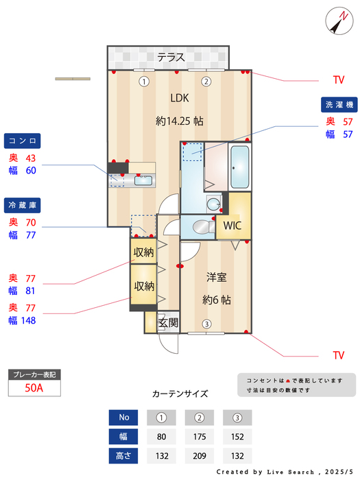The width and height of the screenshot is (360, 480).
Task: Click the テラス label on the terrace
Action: [x=171, y=57]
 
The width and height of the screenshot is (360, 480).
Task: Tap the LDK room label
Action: [x=179, y=97]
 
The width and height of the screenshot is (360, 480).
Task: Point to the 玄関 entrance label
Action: [x=168, y=322]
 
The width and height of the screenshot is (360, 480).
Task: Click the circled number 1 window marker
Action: [x=143, y=82]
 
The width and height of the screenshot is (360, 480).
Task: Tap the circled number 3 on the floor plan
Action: [x=206, y=324]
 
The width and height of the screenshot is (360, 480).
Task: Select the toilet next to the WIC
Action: [x=200, y=226]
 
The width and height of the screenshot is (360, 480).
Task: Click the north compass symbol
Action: [x=337, y=20]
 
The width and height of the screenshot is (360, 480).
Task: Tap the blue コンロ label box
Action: [x=23, y=141]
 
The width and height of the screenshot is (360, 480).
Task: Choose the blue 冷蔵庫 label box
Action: [x=23, y=205]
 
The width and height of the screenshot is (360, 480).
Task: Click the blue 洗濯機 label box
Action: [x=339, y=104]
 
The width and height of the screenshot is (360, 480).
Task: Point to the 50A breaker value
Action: [x=34, y=387]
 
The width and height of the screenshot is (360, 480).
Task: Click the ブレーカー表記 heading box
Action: [x=34, y=374]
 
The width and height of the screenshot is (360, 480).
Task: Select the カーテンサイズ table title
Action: [x=180, y=394]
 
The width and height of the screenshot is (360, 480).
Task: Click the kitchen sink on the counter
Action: [x=143, y=181]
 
